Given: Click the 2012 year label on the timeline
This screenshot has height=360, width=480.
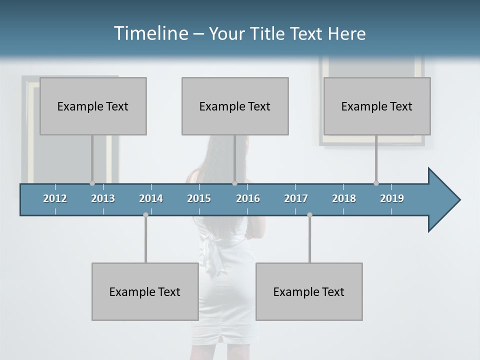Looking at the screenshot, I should click(x=55, y=198).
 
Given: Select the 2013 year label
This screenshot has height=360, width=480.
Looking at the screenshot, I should click(x=103, y=198).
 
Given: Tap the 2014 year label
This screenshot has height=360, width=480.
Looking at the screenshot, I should click(x=151, y=198).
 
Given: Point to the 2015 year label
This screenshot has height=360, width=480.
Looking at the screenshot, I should click(x=199, y=198).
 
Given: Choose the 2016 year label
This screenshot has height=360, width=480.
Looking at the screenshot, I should click(x=248, y=198).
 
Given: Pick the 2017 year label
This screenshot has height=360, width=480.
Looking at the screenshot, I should click(x=296, y=198).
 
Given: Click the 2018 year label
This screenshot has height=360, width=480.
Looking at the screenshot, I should click(x=344, y=198).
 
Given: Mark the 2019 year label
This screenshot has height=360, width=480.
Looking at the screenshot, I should click(x=392, y=198).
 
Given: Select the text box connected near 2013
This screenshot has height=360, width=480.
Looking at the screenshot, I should click(x=93, y=106).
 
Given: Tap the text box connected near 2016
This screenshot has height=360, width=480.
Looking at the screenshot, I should click(x=235, y=106).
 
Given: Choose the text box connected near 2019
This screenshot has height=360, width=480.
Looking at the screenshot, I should click(x=377, y=106).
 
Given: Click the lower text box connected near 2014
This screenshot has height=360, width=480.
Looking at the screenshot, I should click(x=145, y=291).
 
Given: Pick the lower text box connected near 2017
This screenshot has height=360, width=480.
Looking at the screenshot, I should click(x=309, y=291).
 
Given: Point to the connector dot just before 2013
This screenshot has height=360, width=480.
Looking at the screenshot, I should click(x=92, y=183).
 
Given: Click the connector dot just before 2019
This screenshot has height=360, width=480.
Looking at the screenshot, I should click(x=376, y=183).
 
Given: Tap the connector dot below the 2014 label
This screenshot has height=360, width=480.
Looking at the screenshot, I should click(x=145, y=214).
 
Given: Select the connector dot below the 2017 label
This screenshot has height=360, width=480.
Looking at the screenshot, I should click(x=309, y=214).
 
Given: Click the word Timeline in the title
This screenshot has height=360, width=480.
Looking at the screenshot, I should click(x=150, y=33).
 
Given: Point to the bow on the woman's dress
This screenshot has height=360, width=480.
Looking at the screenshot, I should click(x=209, y=247).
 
